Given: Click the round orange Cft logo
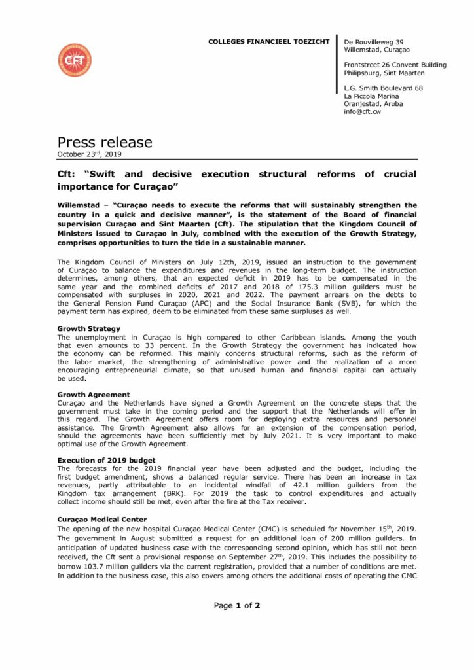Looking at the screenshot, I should (74, 60).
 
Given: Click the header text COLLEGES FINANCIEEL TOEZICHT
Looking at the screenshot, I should (268, 42).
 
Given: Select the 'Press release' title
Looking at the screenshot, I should (105, 142).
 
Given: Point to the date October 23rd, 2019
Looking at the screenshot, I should (89, 154).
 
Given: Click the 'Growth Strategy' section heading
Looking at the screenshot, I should (89, 328).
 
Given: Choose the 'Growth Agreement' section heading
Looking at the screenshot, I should (94, 395).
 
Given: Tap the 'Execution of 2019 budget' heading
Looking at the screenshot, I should (106, 461).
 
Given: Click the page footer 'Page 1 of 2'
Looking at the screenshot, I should (237, 605).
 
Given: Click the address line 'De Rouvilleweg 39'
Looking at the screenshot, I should (374, 42).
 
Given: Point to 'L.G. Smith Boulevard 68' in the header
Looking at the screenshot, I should (383, 88).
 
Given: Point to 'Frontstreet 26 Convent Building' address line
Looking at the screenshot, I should (395, 65).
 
